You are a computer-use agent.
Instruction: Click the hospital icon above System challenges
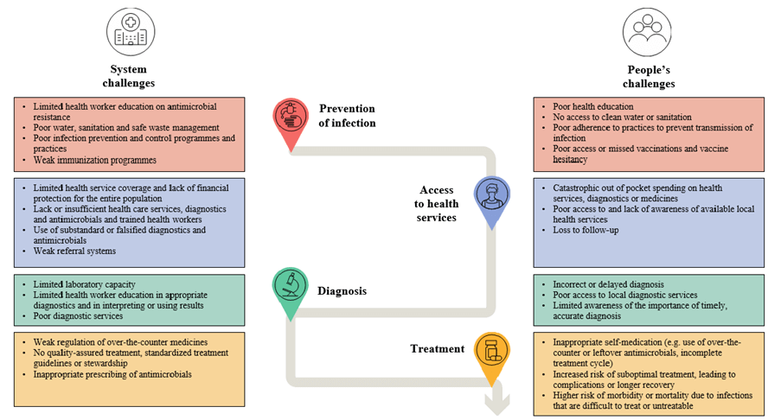click(x=131, y=31)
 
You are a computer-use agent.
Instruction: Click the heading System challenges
click(x=131, y=76)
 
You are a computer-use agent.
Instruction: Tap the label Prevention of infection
click(x=347, y=115)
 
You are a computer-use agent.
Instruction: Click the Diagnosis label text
click(x=342, y=291)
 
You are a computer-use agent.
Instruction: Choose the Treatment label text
click(x=437, y=349)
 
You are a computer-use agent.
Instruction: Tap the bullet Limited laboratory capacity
click(x=84, y=283)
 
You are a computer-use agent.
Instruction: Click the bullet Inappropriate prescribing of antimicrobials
click(x=112, y=374)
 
